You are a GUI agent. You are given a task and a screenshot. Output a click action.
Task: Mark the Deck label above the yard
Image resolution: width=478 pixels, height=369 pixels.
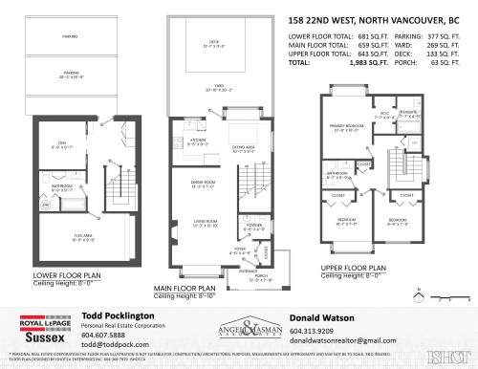tap(215, 42)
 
